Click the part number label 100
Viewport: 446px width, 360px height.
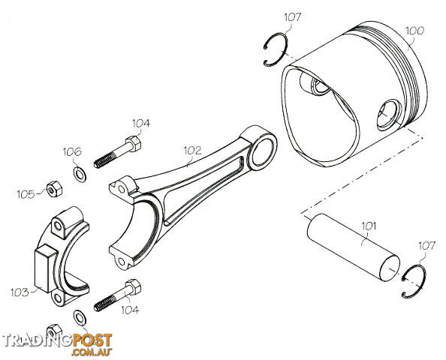click(x=414, y=31)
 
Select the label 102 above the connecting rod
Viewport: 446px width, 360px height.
click(x=192, y=150)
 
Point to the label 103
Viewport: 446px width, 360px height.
click(x=20, y=292)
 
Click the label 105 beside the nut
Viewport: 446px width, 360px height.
click(x=26, y=195)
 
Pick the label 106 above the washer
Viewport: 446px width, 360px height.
click(x=72, y=151)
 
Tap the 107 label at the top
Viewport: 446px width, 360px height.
click(x=292, y=17)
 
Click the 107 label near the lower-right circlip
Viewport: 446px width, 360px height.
click(x=426, y=246)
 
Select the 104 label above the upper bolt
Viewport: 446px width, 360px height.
click(x=141, y=123)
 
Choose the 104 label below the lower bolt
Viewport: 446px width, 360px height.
click(x=130, y=310)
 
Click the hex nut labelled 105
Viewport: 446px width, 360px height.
click(x=54, y=189)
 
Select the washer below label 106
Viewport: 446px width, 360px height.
click(x=80, y=175)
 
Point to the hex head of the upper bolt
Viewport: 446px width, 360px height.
click(x=133, y=144)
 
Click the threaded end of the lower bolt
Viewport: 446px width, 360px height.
click(x=104, y=304)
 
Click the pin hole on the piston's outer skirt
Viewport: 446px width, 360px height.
click(x=388, y=115)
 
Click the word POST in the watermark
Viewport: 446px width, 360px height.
click(x=92, y=340)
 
